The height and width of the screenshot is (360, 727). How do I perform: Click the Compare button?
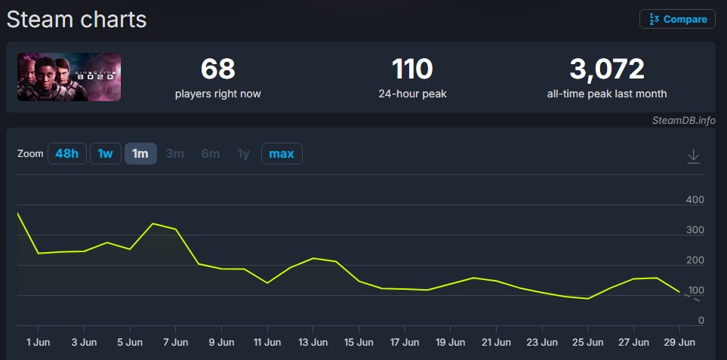click(677, 20)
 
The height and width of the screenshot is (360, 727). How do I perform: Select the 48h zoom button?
click(67, 154)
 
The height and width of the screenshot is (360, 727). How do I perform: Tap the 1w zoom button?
click(105, 154)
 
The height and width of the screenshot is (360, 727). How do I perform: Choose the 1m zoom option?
click(140, 154)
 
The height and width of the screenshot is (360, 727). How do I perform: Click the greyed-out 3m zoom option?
click(175, 154)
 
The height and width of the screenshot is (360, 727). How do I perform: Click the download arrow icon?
click(693, 156)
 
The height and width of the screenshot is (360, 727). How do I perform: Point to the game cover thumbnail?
click(69, 77)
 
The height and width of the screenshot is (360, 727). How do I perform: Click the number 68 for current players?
click(218, 69)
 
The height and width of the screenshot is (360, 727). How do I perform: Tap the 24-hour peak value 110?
click(412, 69)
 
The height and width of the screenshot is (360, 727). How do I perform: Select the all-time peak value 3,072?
click(607, 69)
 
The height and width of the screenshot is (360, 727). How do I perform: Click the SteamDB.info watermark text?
click(684, 121)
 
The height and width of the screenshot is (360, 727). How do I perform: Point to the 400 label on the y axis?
click(695, 200)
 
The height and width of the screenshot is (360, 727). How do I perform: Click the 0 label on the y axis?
click(701, 321)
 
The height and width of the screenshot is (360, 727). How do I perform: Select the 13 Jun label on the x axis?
click(313, 343)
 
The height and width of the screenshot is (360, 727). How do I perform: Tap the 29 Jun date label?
click(679, 343)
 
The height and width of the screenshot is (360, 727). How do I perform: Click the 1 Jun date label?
click(38, 343)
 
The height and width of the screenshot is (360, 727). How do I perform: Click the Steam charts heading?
click(76, 20)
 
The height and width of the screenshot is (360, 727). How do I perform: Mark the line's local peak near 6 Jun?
click(153, 224)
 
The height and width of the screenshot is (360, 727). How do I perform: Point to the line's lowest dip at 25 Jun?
click(588, 299)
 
